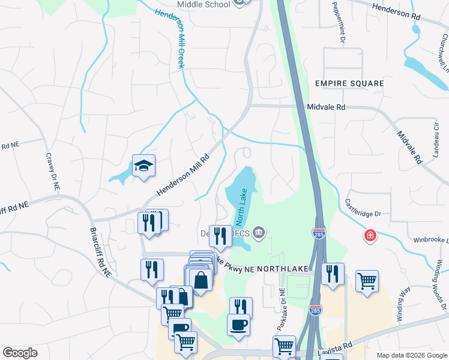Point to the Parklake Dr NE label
click(282, 307)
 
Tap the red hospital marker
click(370, 236)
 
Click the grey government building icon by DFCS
click(259, 232)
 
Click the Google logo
click(20, 352)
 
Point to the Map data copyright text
click(411, 355)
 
